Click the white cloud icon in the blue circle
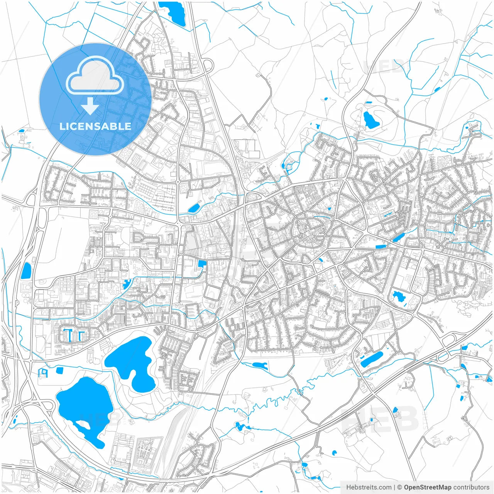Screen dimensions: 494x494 pyautogui.click(x=95, y=76)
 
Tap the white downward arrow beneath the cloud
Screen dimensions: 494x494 pyautogui.click(x=90, y=106)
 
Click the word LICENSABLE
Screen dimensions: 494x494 pyautogui.click(x=95, y=126)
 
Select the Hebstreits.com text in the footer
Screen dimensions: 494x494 pyautogui.click(x=369, y=487)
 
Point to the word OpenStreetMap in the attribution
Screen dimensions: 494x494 pyautogui.click(x=428, y=487)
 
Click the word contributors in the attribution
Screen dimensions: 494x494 pyautogui.click(x=471, y=487)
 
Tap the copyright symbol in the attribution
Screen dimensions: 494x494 pyautogui.click(x=400, y=487)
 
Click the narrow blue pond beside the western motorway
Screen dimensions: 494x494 pyautogui.click(x=26, y=271)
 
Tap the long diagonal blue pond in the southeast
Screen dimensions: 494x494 pyautogui.click(x=372, y=359)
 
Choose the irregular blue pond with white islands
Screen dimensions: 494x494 pyautogui.click(x=398, y=297)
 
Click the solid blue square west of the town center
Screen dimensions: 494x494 pyautogui.click(x=202, y=264)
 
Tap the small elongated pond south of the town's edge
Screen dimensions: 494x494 pyautogui.click(x=259, y=365)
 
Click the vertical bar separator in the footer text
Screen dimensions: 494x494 pyautogui.click(x=394, y=487)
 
